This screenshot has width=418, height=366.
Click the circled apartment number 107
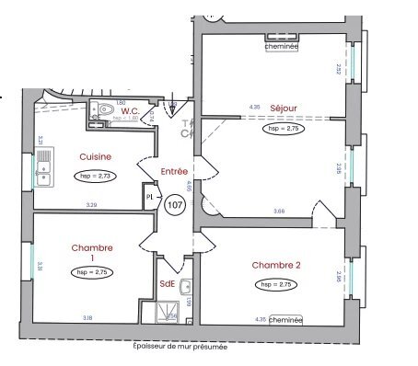174,206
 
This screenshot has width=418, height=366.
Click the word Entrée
174,171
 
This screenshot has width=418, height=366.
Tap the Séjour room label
284,108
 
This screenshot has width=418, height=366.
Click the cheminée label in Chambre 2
286,319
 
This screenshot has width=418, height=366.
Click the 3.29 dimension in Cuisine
91,205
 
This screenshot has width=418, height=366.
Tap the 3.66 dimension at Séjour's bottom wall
279,212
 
